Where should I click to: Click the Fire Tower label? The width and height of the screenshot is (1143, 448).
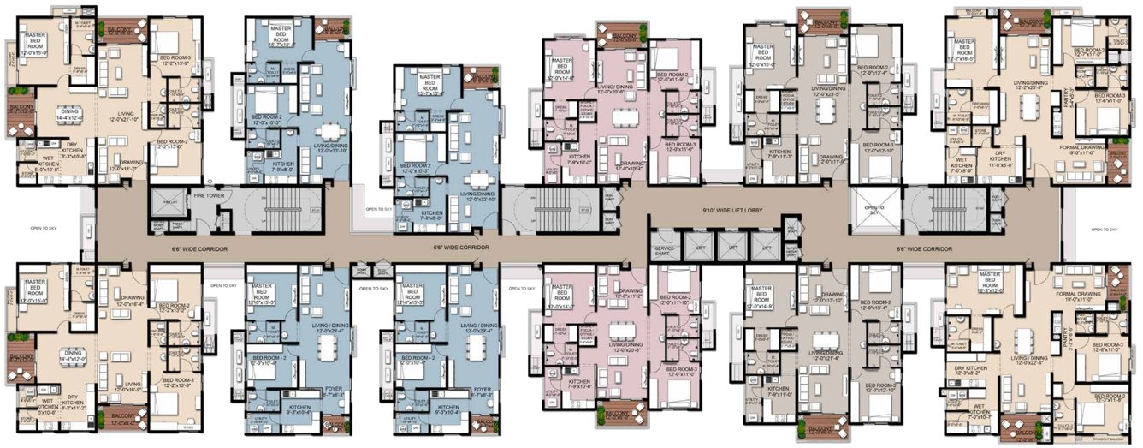tap(209, 196)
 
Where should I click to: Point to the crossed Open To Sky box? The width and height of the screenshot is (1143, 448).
tap(872, 211)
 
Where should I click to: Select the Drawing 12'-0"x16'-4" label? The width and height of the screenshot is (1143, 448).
tap(120, 301)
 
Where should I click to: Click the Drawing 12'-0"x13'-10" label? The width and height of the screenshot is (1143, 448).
tap(822, 297)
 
